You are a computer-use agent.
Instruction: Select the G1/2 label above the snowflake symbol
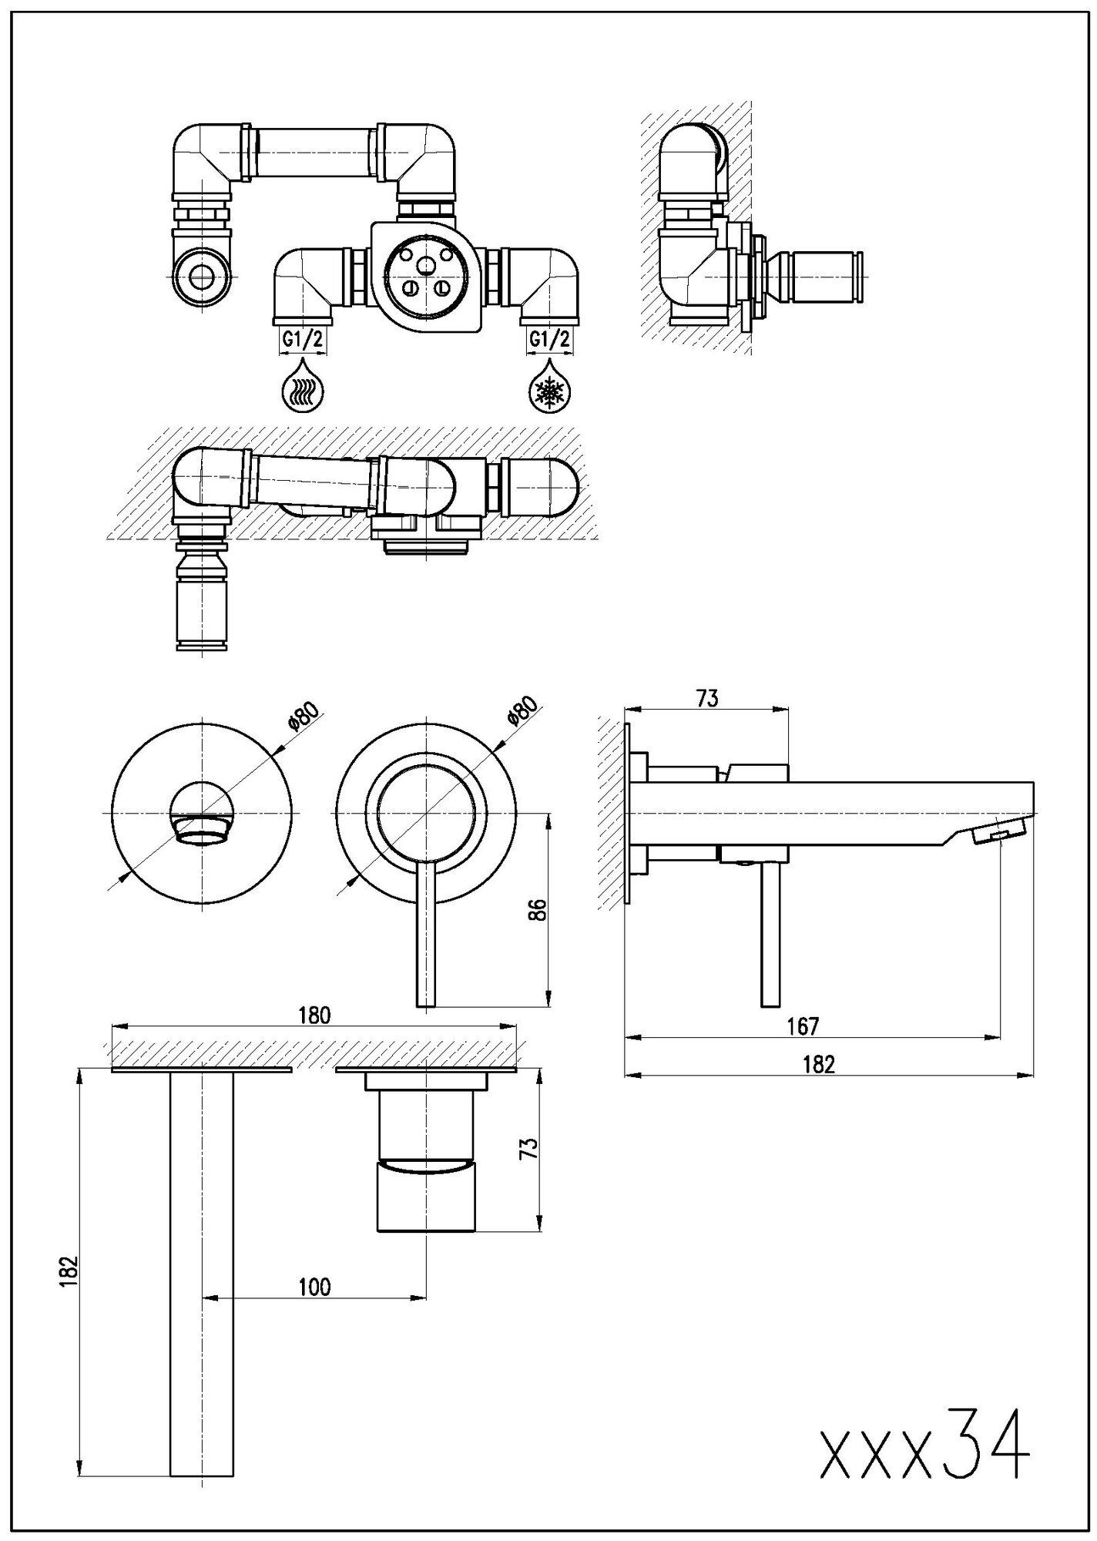point(550,339)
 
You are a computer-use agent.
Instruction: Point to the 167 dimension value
point(803,1026)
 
